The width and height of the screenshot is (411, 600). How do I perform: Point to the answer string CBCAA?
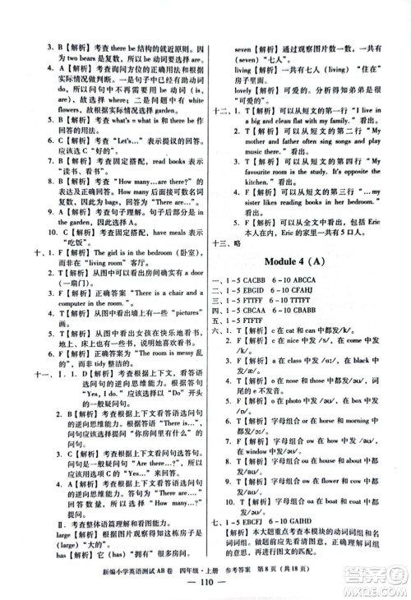coord(268,323)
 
